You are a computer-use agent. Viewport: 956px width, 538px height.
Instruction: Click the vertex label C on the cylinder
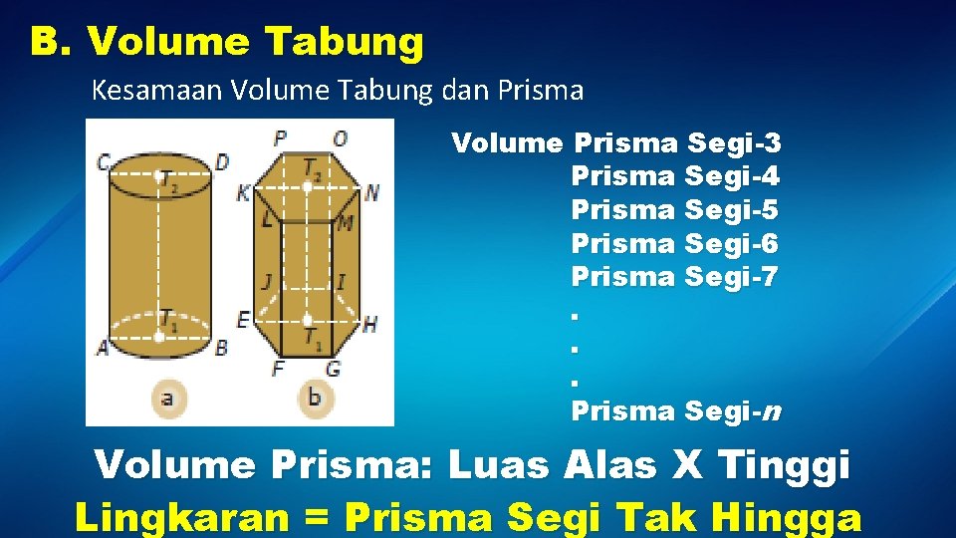click(103, 160)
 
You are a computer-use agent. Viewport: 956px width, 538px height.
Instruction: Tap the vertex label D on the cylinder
click(222, 161)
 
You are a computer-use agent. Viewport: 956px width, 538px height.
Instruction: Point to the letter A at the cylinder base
click(102, 348)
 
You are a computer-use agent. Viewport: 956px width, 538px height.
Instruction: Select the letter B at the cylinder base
click(221, 348)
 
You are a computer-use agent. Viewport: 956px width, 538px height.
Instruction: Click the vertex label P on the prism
click(280, 137)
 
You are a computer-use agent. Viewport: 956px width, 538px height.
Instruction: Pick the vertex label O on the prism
click(340, 137)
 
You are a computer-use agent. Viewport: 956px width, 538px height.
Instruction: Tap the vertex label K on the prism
click(243, 192)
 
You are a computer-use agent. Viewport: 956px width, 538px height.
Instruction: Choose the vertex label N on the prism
click(371, 192)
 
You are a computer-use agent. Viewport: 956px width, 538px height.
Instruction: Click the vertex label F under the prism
click(278, 369)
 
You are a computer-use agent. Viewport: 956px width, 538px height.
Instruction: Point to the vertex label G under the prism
click(333, 369)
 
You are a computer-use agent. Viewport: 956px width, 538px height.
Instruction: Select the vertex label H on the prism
click(369, 323)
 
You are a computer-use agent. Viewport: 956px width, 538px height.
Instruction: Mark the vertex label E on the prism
click(243, 320)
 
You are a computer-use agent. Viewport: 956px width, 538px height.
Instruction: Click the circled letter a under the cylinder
click(166, 400)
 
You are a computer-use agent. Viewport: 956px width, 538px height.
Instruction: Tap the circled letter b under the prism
click(314, 400)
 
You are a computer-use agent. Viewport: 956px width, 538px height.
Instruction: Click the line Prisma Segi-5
click(674, 210)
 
